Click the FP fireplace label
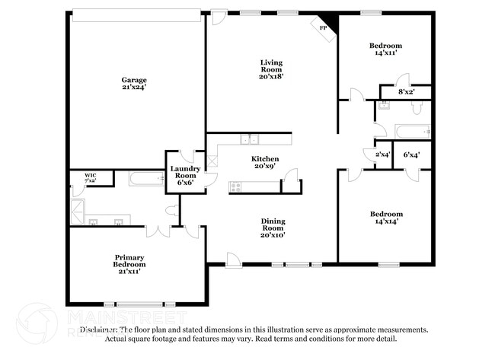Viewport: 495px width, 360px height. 323,28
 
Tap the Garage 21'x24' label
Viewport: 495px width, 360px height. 134,84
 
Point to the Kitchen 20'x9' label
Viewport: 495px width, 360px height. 265,162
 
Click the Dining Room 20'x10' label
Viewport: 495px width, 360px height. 273,228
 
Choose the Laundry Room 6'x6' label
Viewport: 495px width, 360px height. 185,175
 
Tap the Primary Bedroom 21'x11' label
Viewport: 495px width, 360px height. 129,263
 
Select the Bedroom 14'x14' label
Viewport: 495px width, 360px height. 386,218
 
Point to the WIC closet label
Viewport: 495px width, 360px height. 91,177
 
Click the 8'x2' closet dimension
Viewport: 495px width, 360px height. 407,92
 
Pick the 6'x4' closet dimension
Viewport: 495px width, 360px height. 412,155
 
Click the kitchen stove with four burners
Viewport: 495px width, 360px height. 236,186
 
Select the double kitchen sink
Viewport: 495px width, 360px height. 249,139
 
